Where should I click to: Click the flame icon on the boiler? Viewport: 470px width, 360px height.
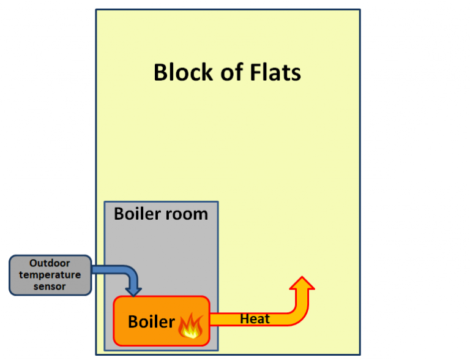[x=190, y=325]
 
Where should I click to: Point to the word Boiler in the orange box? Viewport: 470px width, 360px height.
[x=151, y=321]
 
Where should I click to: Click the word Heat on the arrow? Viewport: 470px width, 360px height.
[x=255, y=318]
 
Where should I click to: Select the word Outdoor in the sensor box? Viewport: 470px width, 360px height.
[x=50, y=264]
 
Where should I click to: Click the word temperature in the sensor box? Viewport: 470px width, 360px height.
[x=50, y=275]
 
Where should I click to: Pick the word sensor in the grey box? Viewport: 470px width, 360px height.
[x=50, y=286]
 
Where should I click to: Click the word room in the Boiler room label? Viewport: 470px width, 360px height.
[x=188, y=214]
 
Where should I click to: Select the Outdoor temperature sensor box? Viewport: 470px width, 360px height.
[x=50, y=275]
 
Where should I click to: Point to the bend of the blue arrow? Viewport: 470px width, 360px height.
[x=130, y=271]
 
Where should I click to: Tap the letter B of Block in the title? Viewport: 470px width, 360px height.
[x=160, y=72]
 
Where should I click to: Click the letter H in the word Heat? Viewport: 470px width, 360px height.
[x=244, y=318]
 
